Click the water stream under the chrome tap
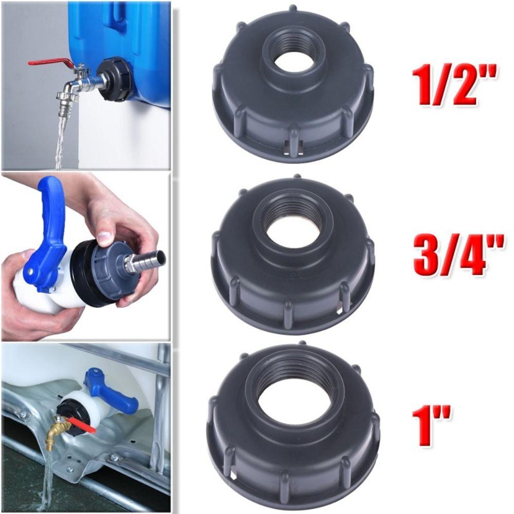[61, 141]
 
